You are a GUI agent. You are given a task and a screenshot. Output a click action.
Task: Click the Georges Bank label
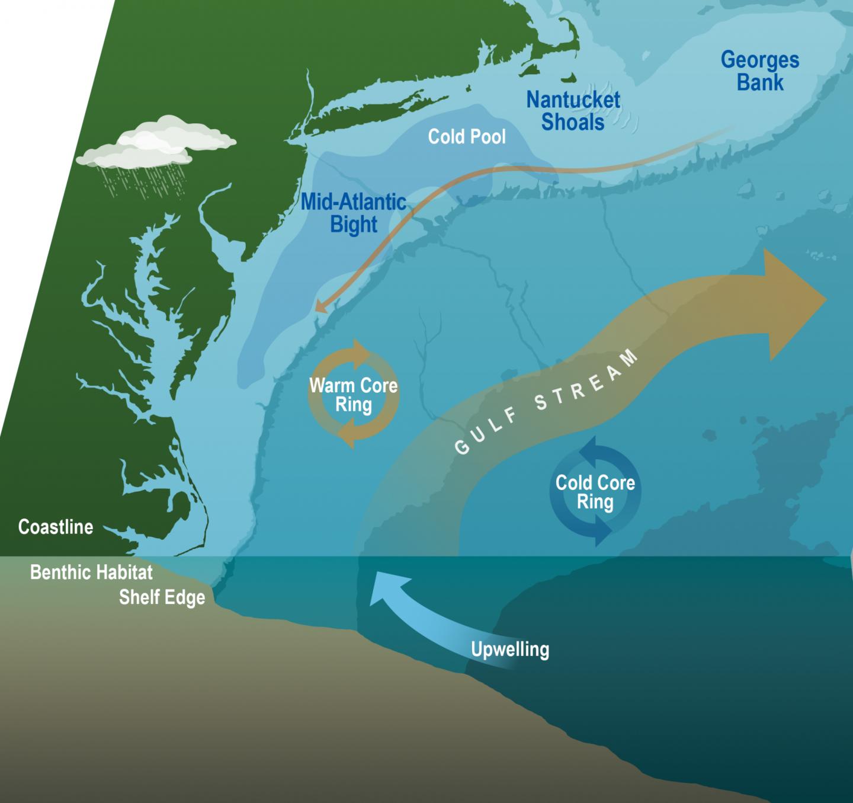[x=760, y=71]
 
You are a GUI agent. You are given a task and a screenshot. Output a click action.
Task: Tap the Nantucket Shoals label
[x=573, y=111]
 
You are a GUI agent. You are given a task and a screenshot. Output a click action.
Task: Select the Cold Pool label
[x=467, y=137]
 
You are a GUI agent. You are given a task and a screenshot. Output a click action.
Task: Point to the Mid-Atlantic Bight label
[x=354, y=213]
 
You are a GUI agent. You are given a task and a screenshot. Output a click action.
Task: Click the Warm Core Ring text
[x=354, y=395]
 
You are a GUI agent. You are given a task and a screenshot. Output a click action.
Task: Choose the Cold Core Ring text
[x=595, y=492]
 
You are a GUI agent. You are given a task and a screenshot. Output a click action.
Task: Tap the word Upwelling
[x=510, y=650]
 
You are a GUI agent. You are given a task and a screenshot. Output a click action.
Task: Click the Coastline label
[x=56, y=527]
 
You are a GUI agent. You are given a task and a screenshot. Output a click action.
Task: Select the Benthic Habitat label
[x=91, y=572]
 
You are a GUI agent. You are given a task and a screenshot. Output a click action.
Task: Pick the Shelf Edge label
[x=162, y=597]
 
